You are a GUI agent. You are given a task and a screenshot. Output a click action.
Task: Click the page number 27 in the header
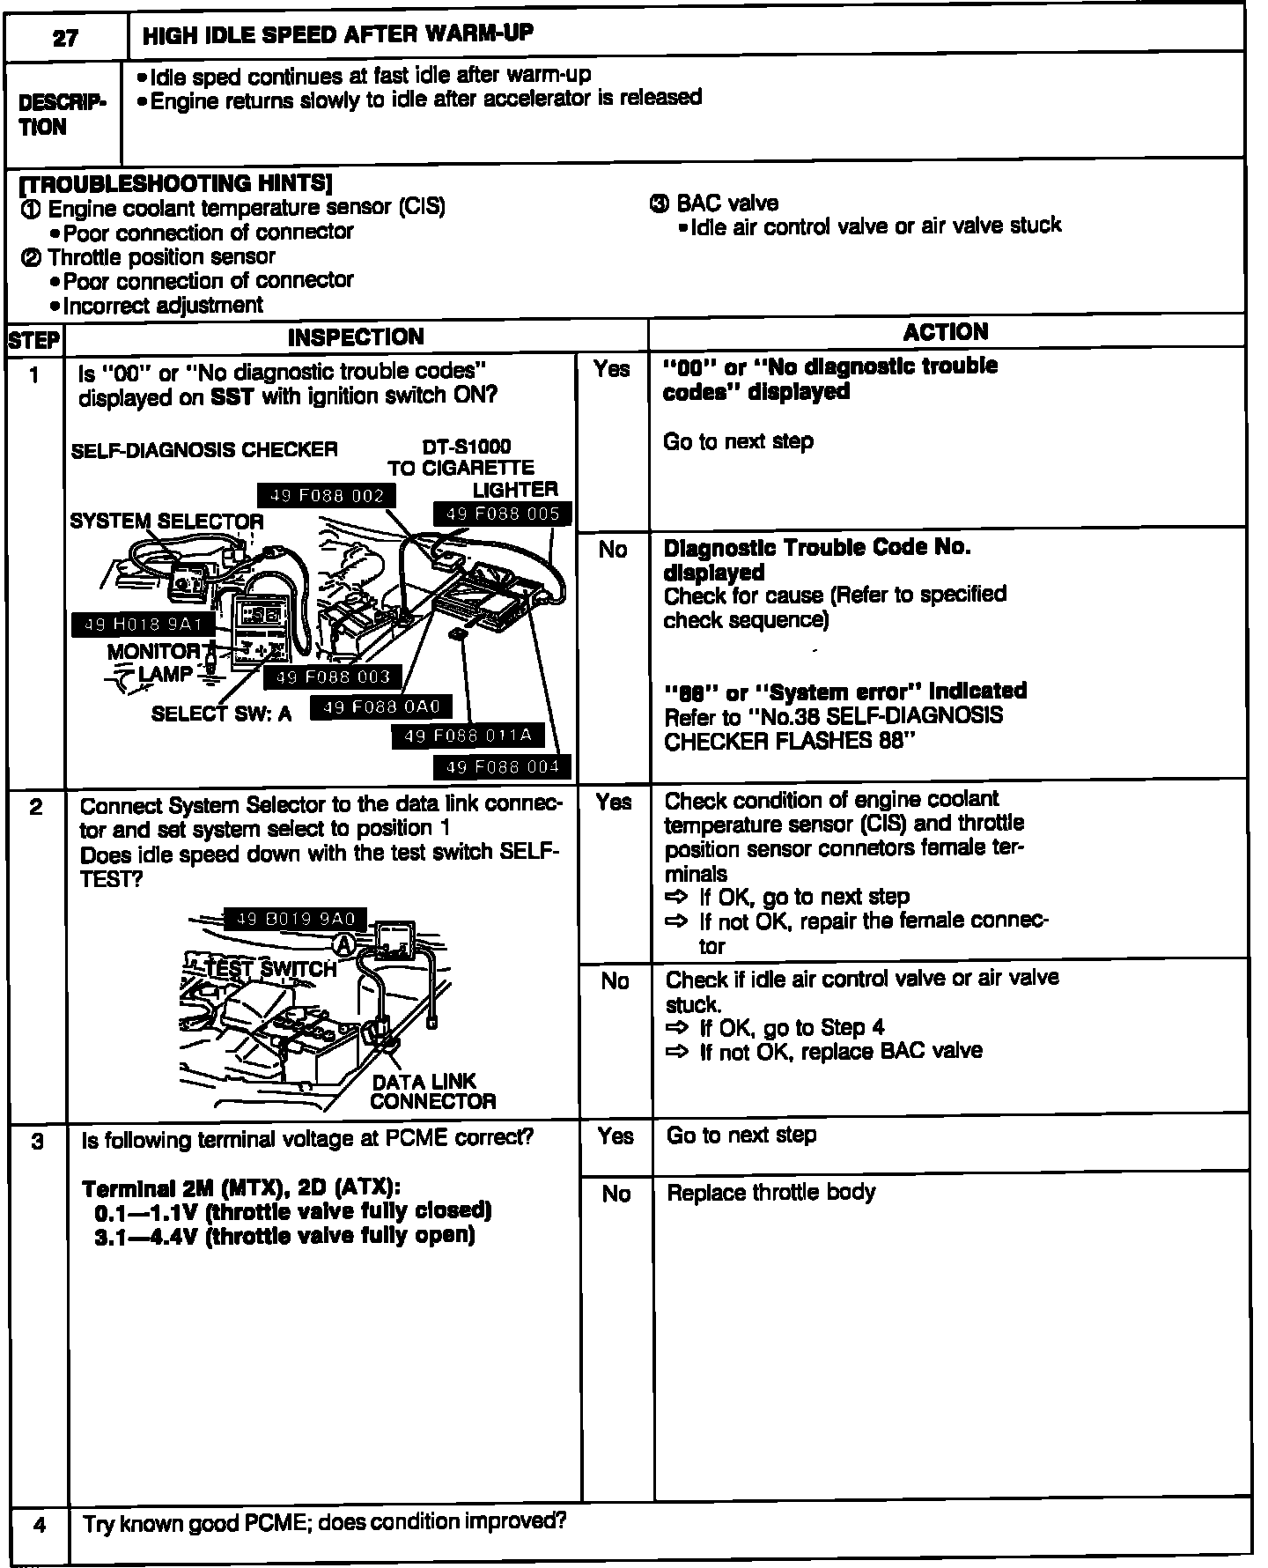(65, 38)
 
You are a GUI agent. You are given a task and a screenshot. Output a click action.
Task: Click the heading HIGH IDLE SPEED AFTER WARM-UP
(337, 35)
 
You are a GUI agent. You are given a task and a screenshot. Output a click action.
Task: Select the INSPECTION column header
(356, 337)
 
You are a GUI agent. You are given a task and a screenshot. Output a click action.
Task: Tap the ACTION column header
(946, 332)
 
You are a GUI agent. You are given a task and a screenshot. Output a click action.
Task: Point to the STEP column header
(34, 340)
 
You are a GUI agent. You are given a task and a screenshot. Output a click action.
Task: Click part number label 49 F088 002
(327, 496)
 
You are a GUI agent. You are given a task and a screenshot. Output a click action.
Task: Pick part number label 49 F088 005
(503, 514)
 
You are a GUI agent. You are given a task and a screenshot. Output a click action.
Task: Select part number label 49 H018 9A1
(143, 625)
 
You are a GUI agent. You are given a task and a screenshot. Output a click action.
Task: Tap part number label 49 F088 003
(332, 677)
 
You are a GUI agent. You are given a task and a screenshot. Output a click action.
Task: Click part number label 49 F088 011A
(468, 736)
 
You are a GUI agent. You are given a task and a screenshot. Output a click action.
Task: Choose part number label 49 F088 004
(503, 767)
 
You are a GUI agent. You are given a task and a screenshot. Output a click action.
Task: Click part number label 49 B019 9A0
(295, 920)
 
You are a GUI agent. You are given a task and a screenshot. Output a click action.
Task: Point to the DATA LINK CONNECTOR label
(432, 1091)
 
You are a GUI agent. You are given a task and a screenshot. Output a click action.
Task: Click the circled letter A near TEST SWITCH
(345, 944)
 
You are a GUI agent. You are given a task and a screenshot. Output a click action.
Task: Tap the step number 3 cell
(37, 1142)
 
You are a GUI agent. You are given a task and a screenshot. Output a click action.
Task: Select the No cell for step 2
(615, 981)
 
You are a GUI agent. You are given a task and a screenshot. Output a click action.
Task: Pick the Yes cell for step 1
(612, 370)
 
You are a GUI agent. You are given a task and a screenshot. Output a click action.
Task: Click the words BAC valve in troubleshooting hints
(726, 203)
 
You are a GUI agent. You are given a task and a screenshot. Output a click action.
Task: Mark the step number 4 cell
(39, 1524)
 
